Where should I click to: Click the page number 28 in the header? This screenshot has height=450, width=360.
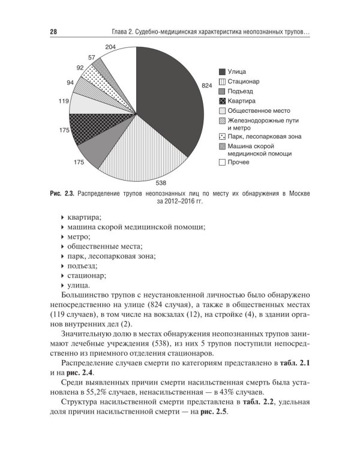click(x=53, y=31)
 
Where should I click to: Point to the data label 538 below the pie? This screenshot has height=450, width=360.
click(x=161, y=182)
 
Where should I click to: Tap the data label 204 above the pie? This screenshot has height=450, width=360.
click(x=110, y=47)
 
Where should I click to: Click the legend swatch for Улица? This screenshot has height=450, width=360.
click(x=222, y=71)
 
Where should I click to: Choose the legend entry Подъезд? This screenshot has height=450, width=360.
click(x=240, y=91)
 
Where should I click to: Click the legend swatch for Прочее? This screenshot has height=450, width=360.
click(x=222, y=162)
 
